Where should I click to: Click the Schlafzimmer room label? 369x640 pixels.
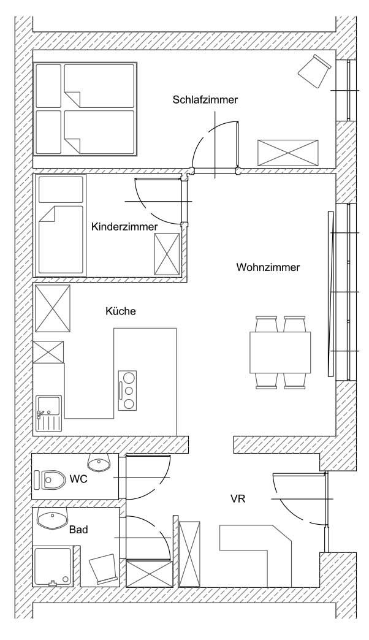pos(205,100)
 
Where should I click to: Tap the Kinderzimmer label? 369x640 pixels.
pos(124,227)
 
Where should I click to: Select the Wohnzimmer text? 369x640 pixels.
pos(268,267)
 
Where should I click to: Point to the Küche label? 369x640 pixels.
pos(120,311)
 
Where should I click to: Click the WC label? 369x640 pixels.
pos(78,479)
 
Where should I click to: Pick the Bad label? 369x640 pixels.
pos(78,530)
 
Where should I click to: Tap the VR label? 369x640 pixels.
pos(238,498)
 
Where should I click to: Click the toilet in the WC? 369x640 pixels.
pos(50,480)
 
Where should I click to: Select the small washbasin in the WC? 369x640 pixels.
pos(99,462)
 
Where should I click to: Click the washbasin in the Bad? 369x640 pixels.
pos(52,519)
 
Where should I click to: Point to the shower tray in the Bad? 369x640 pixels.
pos(53,566)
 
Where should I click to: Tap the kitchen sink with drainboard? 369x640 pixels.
pos(48,413)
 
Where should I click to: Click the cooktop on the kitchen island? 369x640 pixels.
pos(127,390)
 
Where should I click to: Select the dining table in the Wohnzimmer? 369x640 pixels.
pos(280,352)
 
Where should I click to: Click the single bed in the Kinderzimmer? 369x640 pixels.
pos(61,225)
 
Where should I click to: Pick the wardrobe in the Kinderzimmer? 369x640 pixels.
pos(167,254)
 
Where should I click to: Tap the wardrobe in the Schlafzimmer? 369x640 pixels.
pos(287,153)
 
